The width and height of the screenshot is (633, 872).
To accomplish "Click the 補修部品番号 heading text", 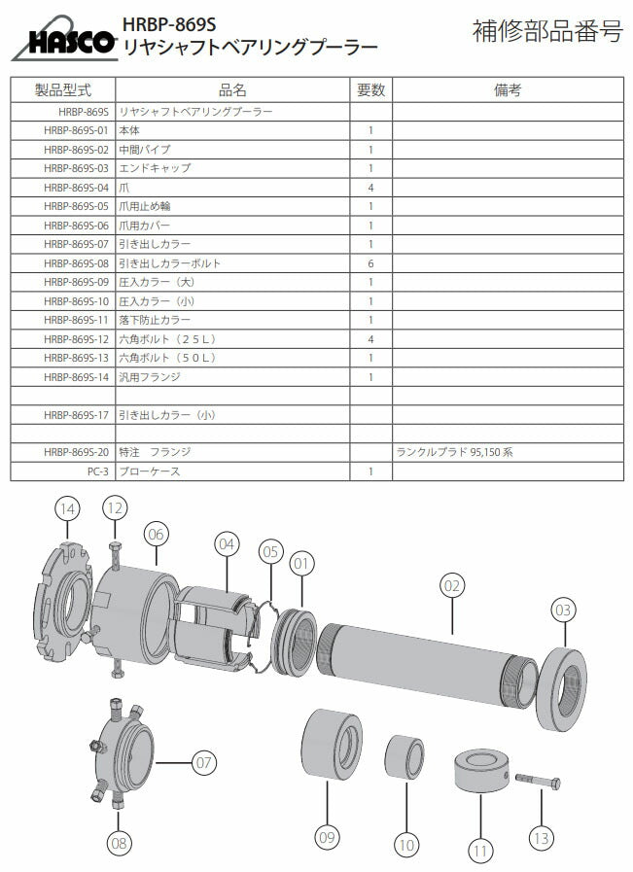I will click(x=546, y=31).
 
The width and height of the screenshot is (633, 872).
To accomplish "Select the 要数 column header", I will click(x=370, y=90).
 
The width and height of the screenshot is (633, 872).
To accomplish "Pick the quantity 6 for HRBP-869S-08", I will click(x=370, y=263).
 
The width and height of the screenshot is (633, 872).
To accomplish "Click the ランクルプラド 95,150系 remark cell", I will click(x=455, y=453).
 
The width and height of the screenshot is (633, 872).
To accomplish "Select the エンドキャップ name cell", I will click(x=155, y=168).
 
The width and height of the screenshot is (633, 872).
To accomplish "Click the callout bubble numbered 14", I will click(x=67, y=508).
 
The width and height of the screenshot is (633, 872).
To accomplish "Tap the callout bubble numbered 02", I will click(x=451, y=585).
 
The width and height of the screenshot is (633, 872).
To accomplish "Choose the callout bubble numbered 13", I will click(x=541, y=836).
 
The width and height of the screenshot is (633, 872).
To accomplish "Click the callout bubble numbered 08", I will click(x=119, y=843).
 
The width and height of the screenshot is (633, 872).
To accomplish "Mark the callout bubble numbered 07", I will click(x=203, y=763).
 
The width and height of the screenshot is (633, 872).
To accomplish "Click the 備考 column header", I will click(x=508, y=90).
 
